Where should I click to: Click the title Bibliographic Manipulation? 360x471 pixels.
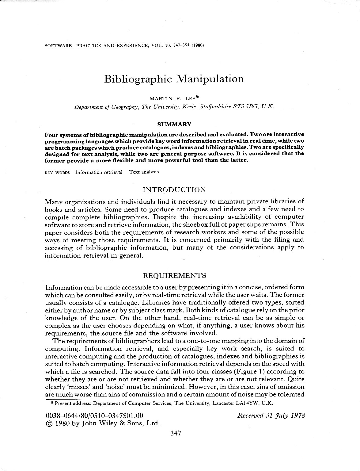click(174, 79)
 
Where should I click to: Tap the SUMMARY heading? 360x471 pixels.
click(174, 124)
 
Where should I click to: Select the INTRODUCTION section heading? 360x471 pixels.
click(174, 190)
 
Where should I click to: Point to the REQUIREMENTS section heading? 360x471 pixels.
click(174, 275)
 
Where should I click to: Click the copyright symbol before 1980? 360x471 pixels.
click(48, 423)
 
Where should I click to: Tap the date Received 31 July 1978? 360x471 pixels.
click(271, 415)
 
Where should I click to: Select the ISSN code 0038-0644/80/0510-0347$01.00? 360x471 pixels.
click(94, 416)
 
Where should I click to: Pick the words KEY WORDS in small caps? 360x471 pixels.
click(57, 172)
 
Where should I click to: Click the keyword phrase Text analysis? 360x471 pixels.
click(144, 172)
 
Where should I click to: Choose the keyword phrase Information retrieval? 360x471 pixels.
click(99, 172)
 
